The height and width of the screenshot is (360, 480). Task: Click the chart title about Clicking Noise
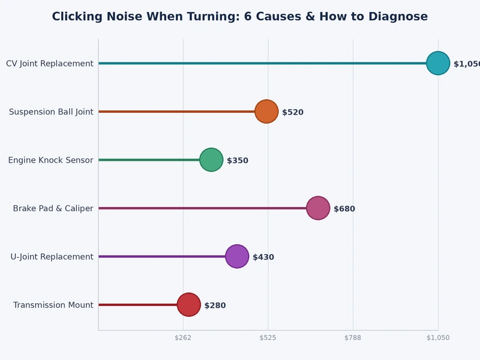(240, 17)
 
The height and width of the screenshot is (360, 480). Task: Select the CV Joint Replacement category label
(50, 64)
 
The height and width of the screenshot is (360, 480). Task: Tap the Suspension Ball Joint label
(51, 112)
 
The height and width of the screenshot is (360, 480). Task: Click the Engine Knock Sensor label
(50, 160)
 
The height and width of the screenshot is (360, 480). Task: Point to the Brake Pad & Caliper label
(53, 208)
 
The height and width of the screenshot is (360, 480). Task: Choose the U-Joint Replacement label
(52, 257)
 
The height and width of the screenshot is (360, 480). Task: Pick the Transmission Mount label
(53, 305)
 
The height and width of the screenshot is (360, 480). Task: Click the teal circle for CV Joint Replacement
(438, 63)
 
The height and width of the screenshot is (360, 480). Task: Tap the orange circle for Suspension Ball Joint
(266, 112)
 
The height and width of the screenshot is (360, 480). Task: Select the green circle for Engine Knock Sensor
(211, 160)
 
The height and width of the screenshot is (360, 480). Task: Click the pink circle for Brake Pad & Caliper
(318, 208)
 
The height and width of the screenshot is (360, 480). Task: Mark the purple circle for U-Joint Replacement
(237, 256)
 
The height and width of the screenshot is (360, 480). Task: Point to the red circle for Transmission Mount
(188, 305)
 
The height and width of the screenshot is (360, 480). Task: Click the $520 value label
(293, 112)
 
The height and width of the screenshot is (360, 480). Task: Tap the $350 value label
(238, 161)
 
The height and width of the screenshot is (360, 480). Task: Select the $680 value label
(344, 209)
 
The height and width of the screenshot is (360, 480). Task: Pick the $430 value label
(263, 257)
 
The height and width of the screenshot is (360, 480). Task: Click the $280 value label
(215, 305)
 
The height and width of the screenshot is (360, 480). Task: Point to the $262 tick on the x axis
(183, 338)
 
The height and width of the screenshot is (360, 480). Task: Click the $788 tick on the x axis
(353, 338)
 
